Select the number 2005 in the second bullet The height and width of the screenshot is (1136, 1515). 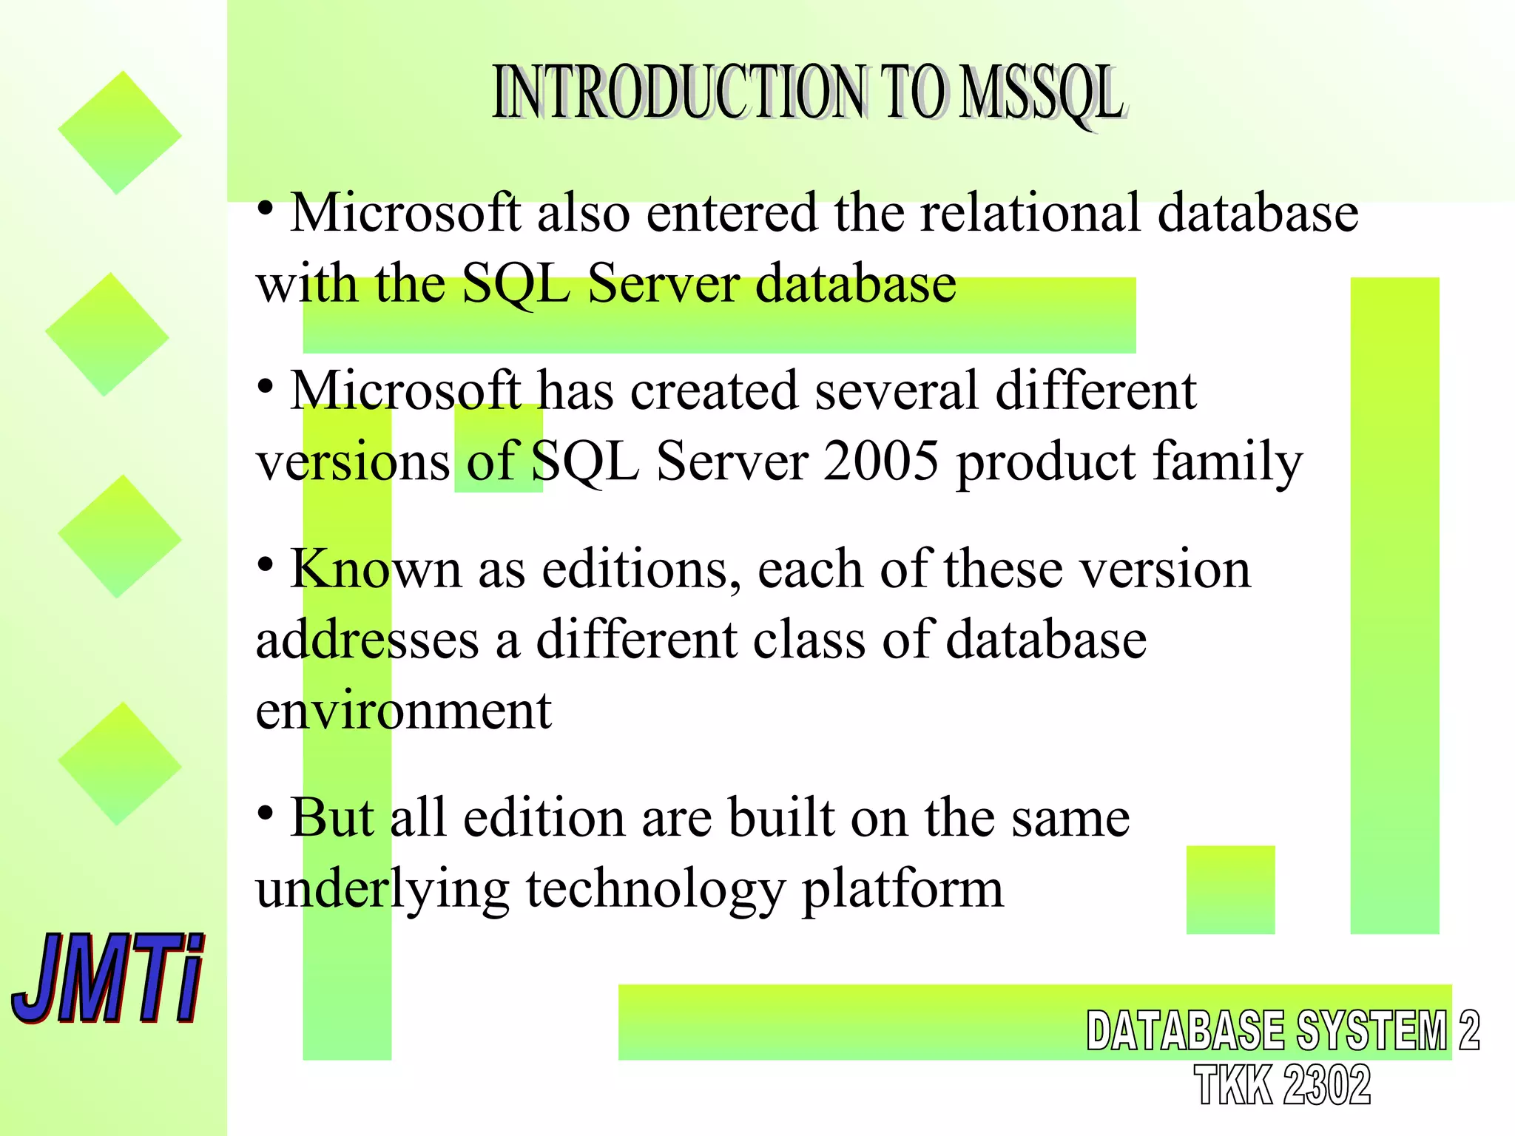[881, 461]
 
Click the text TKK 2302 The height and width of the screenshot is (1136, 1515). [1282, 1085]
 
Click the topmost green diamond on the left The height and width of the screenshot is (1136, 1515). [119, 133]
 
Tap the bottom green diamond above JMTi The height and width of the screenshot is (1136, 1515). [119, 763]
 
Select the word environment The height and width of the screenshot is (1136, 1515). [403, 710]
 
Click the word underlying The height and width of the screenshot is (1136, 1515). [382, 889]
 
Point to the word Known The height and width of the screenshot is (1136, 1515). [375, 569]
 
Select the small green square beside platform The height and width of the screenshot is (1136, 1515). [1230, 890]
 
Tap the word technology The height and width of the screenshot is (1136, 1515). [655, 889]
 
